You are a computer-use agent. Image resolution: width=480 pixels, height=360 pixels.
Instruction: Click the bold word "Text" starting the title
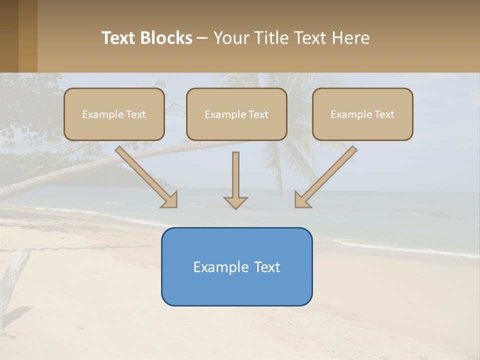(x=118, y=38)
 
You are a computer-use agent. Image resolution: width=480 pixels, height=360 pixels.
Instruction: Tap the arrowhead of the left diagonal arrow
(x=170, y=200)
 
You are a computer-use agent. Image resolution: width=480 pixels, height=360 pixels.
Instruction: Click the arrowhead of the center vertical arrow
(x=235, y=202)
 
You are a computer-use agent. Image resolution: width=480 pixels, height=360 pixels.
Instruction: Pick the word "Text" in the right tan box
(x=384, y=114)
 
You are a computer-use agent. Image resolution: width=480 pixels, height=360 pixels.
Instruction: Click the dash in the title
(x=202, y=38)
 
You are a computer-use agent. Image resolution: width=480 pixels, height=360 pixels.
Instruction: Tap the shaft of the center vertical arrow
(x=235, y=172)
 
